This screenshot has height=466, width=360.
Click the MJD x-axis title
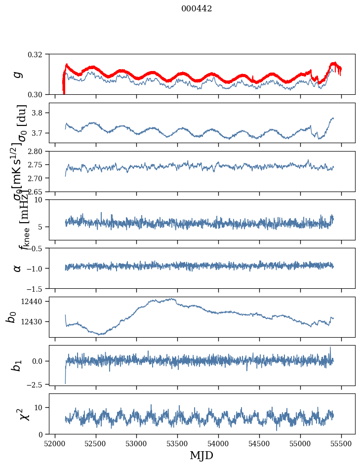point(201,455)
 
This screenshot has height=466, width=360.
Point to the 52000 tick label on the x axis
point(55,443)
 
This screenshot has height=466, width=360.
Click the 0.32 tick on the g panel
point(39,54)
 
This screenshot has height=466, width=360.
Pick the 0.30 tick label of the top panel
point(39,94)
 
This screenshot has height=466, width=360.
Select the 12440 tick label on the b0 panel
point(36,301)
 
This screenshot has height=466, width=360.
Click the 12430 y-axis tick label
point(36,321)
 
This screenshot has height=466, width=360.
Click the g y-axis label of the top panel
point(18,74)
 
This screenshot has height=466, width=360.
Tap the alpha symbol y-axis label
point(18,268)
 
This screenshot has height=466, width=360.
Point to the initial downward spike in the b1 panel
point(65,382)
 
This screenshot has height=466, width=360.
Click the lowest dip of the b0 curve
point(100,334)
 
